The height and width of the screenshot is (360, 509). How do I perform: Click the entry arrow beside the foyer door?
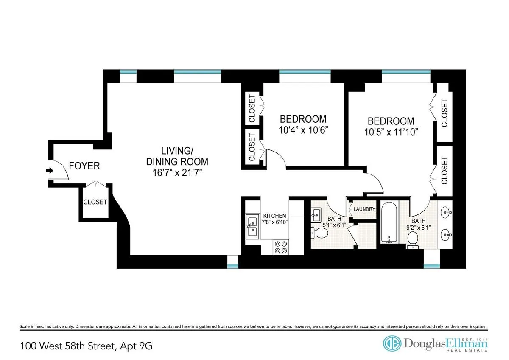pos(49,171)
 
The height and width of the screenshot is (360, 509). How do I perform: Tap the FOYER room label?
pos(84,166)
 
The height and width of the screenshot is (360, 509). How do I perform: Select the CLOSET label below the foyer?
pos(95,202)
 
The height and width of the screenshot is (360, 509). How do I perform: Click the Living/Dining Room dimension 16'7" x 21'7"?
pos(177,173)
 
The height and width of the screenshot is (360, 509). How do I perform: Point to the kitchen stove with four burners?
pos(280,247)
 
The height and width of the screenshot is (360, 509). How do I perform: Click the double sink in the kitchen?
pos(252,226)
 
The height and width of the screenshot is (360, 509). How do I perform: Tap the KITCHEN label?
pos(274,216)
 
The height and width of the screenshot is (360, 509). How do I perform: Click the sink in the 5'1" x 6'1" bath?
pos(316,214)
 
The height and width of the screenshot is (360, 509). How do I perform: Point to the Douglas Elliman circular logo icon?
pos(392,343)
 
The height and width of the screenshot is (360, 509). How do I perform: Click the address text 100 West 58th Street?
pos(67,346)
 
